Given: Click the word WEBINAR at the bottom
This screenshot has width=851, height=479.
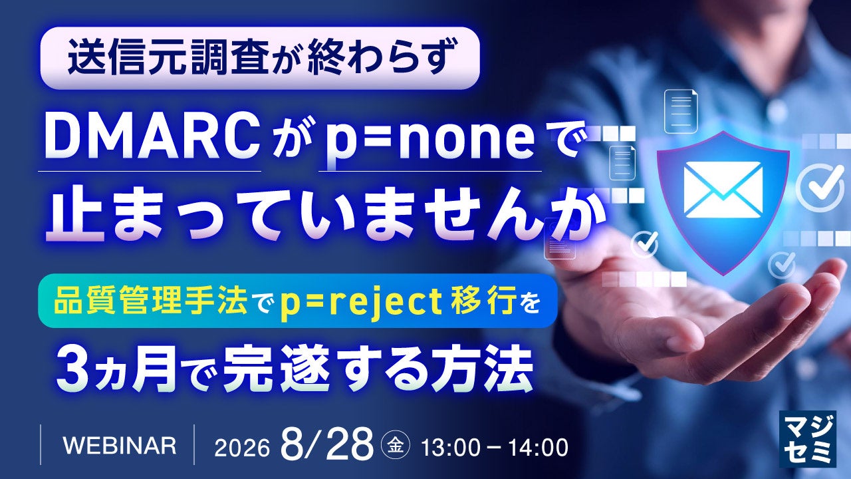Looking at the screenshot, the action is point(119,446).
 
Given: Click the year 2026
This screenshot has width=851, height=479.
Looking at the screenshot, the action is point(241,448).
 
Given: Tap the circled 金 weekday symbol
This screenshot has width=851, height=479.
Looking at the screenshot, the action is point(395,445).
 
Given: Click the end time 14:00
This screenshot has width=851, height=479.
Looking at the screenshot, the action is point(538,448).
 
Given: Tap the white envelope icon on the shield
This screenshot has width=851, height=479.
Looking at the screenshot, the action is point(723,190).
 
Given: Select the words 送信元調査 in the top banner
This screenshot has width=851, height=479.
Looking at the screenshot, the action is point(168,59).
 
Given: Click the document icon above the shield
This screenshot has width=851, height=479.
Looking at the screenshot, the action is point(681,111).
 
